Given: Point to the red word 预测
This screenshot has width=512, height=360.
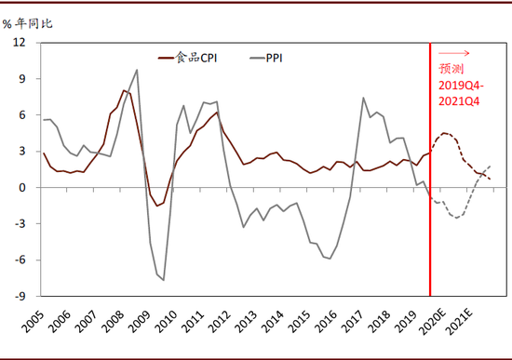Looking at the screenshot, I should [x=451, y=69].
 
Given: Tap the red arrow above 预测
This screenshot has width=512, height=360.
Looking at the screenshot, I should [x=456, y=53].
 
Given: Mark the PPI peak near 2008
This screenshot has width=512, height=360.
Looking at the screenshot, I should [x=137, y=70].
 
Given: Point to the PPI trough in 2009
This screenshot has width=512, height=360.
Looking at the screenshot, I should [x=164, y=279].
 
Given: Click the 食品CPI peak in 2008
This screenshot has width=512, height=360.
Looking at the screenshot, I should [x=123, y=90].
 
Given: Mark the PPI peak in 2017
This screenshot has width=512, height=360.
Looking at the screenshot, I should [x=364, y=98].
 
